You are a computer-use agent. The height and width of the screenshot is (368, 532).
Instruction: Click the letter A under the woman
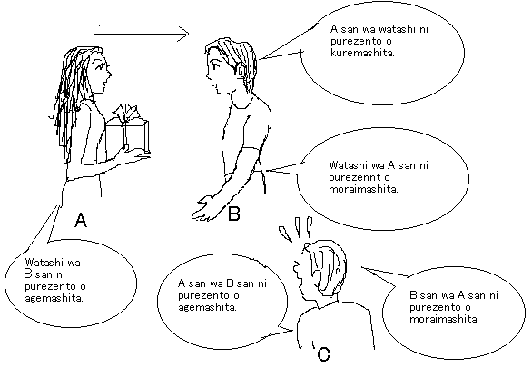(x=81, y=220)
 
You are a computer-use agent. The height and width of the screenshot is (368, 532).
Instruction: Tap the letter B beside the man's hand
(x=234, y=214)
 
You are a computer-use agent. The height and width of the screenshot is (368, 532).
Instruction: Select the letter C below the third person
(x=324, y=354)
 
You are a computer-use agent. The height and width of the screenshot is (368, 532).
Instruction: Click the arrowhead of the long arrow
(x=183, y=34)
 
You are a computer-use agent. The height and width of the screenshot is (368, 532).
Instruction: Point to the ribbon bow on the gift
(x=127, y=113)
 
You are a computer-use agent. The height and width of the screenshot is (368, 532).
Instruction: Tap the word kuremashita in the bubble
(x=362, y=54)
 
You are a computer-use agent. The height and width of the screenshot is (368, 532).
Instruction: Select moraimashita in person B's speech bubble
(x=363, y=189)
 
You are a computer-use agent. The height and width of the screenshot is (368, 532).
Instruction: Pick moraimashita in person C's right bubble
(x=444, y=319)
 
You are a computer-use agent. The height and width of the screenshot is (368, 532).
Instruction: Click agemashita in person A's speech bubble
(x=54, y=299)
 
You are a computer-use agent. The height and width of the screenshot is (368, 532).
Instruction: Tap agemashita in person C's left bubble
(x=207, y=307)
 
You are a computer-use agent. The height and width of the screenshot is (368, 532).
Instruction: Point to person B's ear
(x=241, y=70)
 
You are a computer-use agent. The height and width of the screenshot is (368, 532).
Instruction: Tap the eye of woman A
(x=100, y=66)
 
